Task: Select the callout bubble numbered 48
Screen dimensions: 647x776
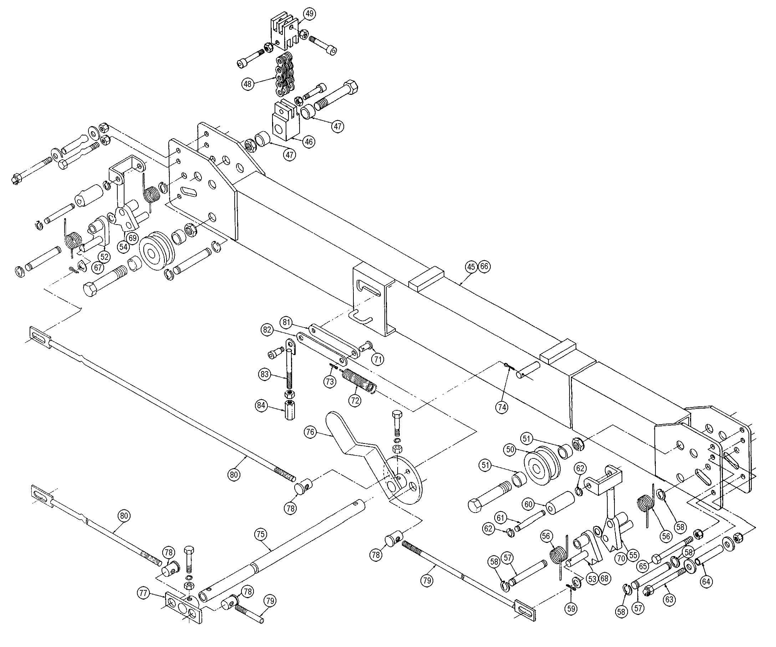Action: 247,84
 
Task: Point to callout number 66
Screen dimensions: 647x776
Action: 484,267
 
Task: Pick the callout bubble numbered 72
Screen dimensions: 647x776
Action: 355,401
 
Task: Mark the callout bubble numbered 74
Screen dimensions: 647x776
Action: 501,407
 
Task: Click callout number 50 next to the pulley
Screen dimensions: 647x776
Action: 510,450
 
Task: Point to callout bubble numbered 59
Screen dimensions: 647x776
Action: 571,609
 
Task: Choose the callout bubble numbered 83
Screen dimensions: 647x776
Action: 264,374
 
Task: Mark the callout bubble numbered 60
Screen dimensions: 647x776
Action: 529,504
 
